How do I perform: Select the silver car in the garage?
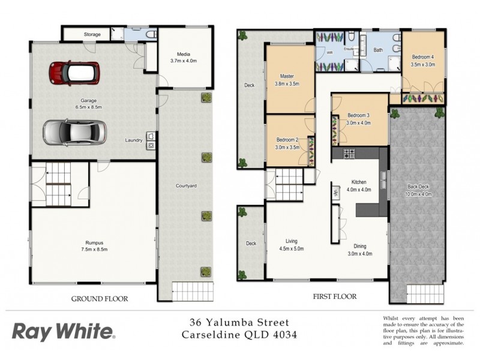74,131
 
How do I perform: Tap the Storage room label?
91,35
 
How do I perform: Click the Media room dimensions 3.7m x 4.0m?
184,61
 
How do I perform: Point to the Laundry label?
133,140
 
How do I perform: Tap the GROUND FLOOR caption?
100,298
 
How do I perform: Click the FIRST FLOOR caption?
334,296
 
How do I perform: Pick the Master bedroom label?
286,76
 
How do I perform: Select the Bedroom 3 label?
359,115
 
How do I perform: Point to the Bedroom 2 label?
287,139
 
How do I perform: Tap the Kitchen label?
359,182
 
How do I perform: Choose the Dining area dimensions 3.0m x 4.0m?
360,253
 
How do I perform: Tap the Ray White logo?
64,331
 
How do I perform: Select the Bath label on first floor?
379,50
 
